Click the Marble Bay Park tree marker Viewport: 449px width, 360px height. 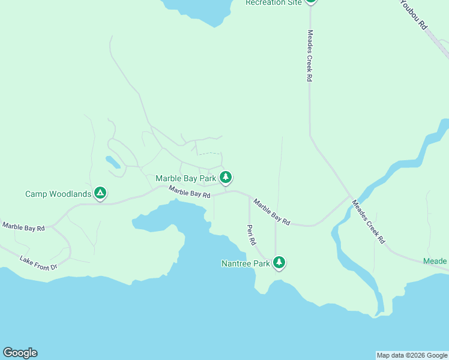pos(226,177)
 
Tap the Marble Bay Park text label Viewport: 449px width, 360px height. pos(185,178)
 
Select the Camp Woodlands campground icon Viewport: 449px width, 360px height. pos(101,193)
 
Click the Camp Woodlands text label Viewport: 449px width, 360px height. pos(58,194)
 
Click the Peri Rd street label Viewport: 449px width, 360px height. pos(252,235)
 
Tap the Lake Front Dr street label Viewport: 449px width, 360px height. pos(38,262)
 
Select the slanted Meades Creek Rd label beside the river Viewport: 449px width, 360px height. pos(368,221)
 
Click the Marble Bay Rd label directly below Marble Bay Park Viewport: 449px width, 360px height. pos(190,192)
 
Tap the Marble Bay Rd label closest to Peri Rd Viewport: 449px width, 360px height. pos(271,212)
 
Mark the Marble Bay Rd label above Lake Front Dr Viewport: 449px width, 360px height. pos(24,227)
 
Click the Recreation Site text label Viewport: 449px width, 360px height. pos(274,2)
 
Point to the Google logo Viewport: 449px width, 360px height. pos(20,353)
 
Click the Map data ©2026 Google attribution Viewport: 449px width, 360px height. pos(412,355)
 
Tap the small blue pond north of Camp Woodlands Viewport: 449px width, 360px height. pos(112,161)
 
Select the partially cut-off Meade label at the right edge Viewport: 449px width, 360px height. pos(435,261)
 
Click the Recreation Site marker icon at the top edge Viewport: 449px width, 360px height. pos(310,2)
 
